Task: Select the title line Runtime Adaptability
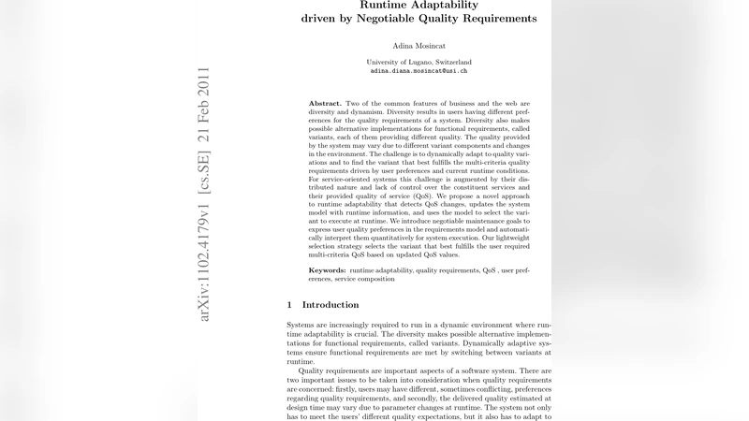click(419, 4)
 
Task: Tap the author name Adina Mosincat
click(419, 45)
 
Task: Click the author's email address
click(419, 70)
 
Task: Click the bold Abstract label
click(325, 103)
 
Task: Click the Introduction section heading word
click(330, 305)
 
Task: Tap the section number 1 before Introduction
click(289, 305)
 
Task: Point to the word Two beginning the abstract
click(353, 103)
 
